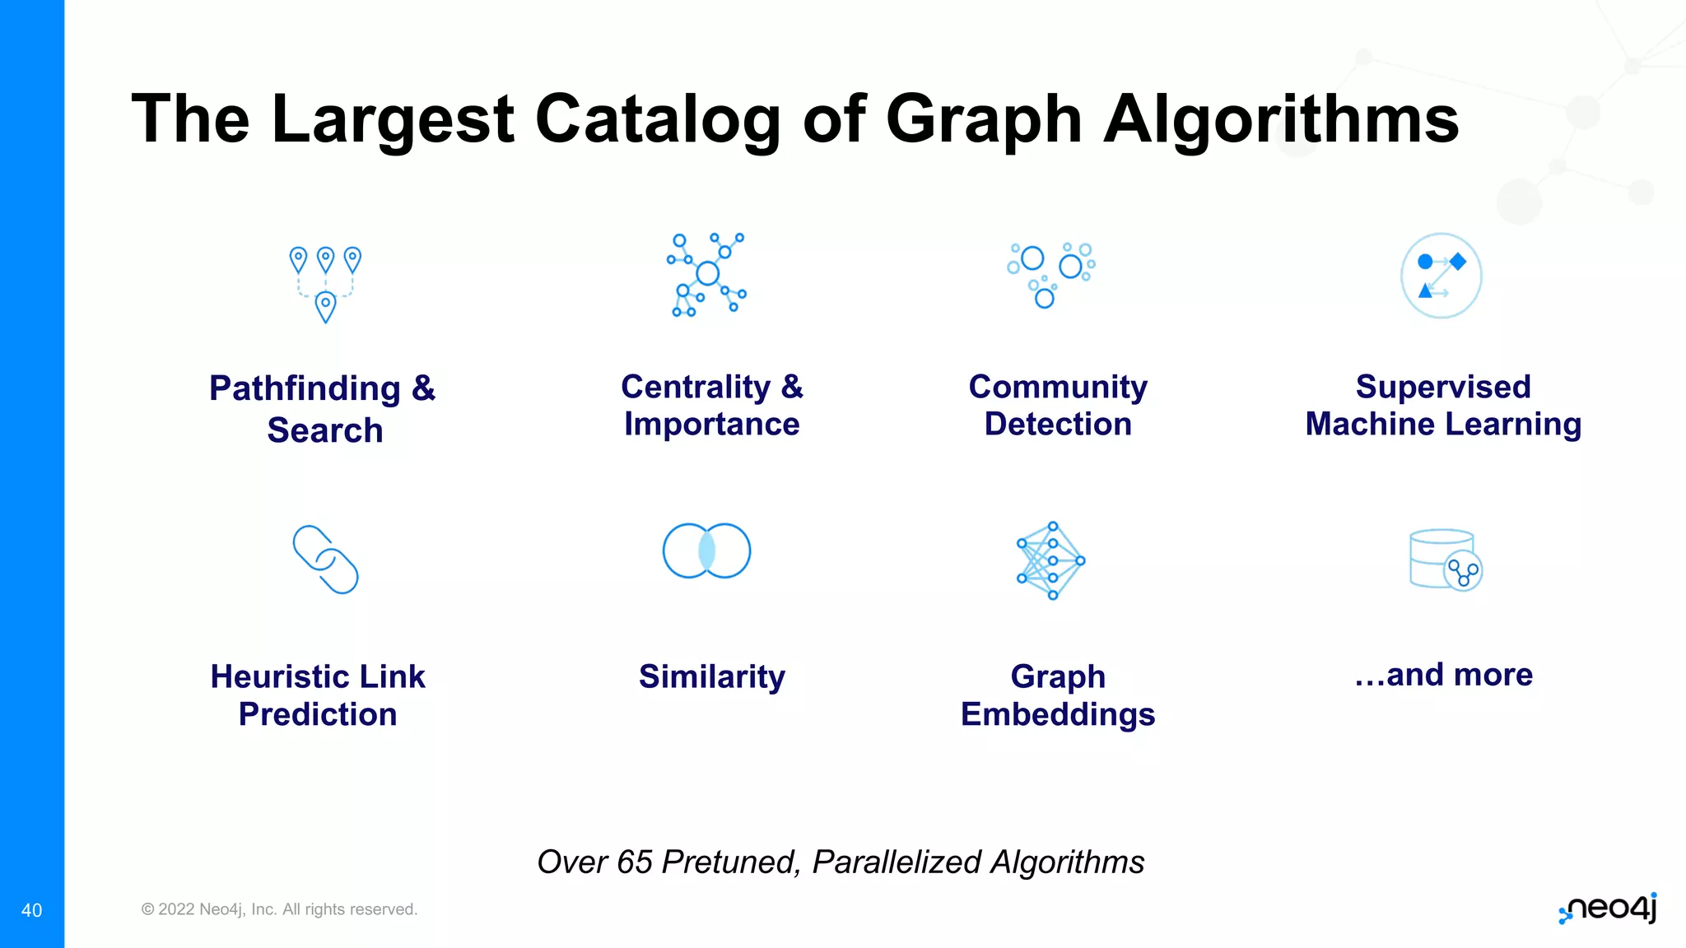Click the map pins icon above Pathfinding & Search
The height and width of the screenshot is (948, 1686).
[325, 284]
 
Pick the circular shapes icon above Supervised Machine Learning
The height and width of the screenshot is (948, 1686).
[1441, 276]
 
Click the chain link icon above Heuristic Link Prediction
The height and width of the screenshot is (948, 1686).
[325, 559]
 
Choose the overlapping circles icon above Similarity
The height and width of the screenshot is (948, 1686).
[706, 551]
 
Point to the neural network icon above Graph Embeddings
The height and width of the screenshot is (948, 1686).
[1051, 560]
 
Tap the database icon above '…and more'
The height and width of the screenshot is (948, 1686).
[1446, 560]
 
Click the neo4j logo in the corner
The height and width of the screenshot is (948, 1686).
[1608, 908]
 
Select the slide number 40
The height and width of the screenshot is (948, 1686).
[31, 910]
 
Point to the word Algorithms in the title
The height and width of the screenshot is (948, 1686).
[1281, 119]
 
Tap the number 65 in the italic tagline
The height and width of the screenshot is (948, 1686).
[635, 862]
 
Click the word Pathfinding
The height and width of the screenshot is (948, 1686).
[305, 388]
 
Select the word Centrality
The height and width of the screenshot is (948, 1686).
[696, 387]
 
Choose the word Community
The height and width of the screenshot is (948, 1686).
[1058, 387]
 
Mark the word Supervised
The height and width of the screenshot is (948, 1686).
[1443, 387]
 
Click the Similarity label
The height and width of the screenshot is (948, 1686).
[712, 676]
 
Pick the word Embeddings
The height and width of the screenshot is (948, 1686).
[1058, 714]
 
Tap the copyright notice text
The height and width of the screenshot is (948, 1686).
[279, 909]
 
